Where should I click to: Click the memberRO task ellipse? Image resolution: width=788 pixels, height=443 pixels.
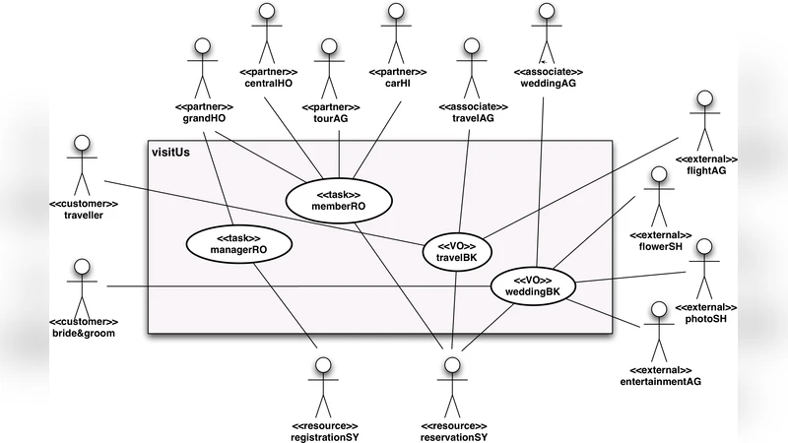[339, 199]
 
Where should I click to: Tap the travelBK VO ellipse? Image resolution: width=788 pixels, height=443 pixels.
[456, 251]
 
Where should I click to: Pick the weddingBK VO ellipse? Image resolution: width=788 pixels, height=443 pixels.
[533, 285]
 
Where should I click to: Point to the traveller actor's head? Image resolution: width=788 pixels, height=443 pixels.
[82, 144]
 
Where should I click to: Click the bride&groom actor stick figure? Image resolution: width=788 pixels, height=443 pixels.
[82, 285]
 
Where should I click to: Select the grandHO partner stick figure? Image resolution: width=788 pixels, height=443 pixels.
[203, 69]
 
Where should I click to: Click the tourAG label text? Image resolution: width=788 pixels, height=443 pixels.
[330, 118]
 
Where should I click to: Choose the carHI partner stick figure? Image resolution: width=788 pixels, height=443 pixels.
[396, 34]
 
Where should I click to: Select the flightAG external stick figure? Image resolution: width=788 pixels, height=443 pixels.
[704, 123]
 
